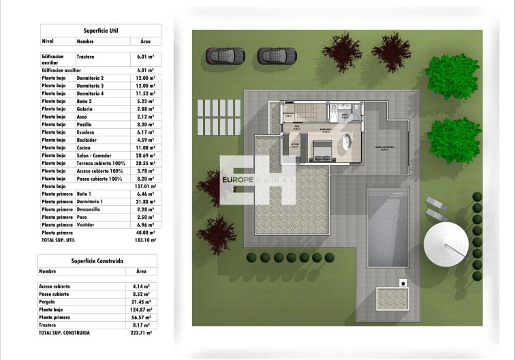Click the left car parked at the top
click(226, 55)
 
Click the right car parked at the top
click(275, 55)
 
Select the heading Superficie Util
click(101, 31)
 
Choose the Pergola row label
click(49, 301)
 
